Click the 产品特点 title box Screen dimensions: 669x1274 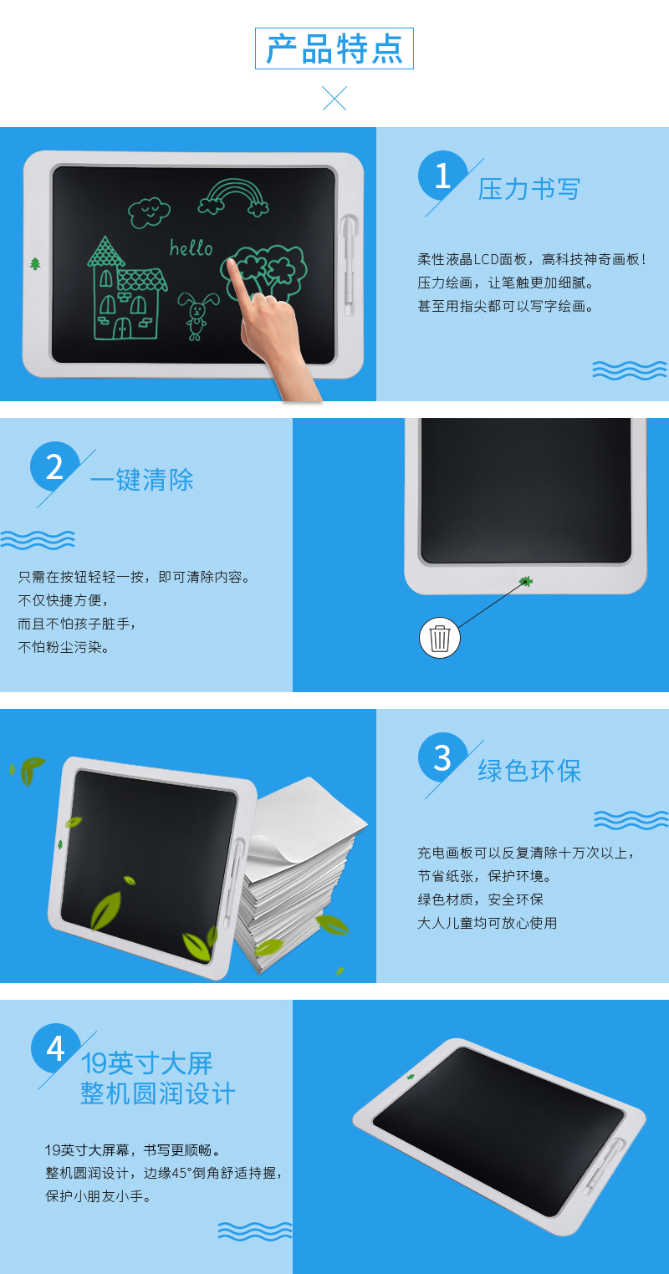point(334,48)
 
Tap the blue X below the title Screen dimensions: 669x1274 point(334,99)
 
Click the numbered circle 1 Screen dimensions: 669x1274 point(442,176)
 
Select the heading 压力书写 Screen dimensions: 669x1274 point(529,189)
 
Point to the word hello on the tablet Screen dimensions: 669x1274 point(192,248)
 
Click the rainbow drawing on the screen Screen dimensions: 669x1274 point(234,196)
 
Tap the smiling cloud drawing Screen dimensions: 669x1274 point(149,212)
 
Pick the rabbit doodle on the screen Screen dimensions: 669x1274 point(197,316)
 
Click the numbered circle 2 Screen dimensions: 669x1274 point(54,466)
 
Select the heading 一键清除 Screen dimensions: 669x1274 point(141,480)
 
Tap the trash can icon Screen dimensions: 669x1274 point(439,638)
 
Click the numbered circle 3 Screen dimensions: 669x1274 point(442,757)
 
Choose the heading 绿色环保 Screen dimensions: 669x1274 point(529,772)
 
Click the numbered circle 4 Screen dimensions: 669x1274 point(56,1048)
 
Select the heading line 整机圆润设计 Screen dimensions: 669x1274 point(157,1093)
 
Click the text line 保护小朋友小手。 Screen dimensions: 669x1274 point(99,1196)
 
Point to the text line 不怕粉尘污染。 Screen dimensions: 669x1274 point(64,647)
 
